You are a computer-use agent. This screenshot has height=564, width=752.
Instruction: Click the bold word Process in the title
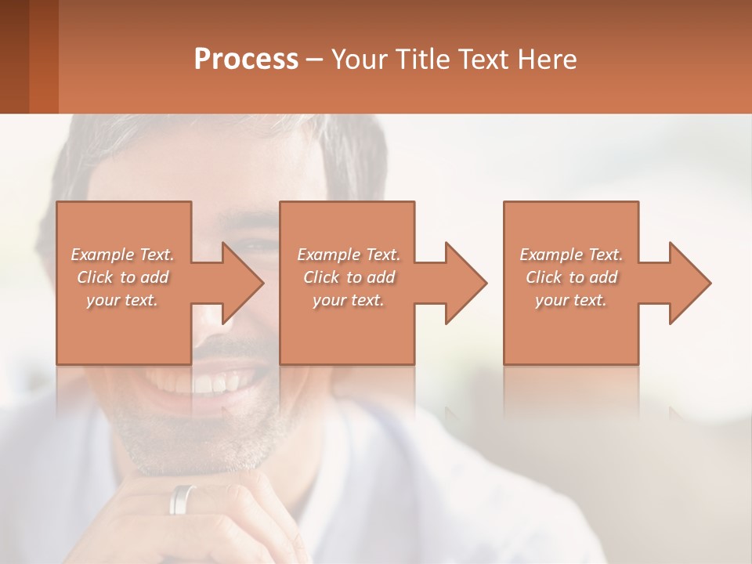point(246,59)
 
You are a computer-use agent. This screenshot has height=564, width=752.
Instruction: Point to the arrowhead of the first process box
point(243,283)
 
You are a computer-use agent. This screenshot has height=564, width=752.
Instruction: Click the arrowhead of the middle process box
point(466,283)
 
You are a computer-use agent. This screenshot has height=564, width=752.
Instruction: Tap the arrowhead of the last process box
point(690,283)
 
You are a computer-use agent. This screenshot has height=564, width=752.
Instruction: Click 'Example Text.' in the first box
point(122,255)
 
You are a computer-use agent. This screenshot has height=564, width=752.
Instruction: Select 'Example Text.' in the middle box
point(349,255)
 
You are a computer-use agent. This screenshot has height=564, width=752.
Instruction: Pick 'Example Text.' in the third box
point(571,255)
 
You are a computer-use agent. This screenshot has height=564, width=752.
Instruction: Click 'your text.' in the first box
point(122,300)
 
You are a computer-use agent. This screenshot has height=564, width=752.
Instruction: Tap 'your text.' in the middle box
point(349,300)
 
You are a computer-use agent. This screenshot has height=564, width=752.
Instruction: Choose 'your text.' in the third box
point(571,300)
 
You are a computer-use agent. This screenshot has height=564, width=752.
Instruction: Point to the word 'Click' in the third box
point(544,277)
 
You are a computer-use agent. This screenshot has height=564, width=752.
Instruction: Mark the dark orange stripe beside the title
point(43,56)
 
